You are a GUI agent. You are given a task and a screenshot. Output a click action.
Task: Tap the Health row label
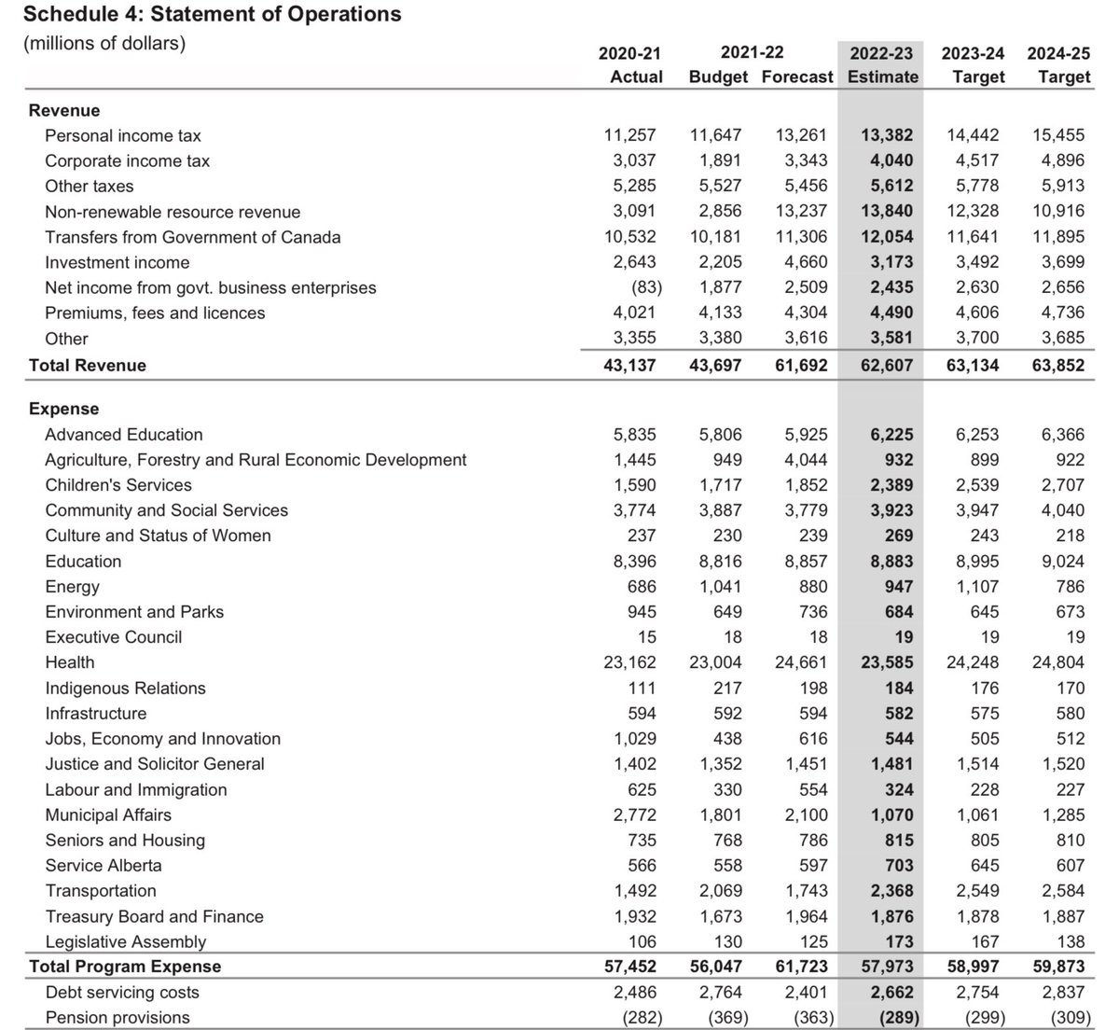tap(70, 662)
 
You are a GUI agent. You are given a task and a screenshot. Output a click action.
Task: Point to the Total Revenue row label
tap(88, 365)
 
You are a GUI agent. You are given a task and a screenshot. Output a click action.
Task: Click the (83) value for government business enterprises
tap(640, 287)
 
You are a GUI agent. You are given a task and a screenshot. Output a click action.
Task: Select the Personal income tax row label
tap(123, 135)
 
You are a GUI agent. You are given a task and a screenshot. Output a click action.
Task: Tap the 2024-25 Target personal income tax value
tap(1058, 135)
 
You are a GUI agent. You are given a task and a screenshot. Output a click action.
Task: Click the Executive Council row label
tap(114, 637)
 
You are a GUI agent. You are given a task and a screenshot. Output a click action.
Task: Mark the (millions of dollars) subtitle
tap(104, 44)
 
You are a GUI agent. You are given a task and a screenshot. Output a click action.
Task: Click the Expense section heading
tap(63, 409)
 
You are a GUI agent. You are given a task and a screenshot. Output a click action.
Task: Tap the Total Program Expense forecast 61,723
tap(801, 967)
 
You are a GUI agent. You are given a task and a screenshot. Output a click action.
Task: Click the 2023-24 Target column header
tap(973, 65)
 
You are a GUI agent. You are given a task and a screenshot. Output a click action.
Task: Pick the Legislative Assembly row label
tap(126, 941)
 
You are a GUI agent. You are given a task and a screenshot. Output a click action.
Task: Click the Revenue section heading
tap(64, 110)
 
